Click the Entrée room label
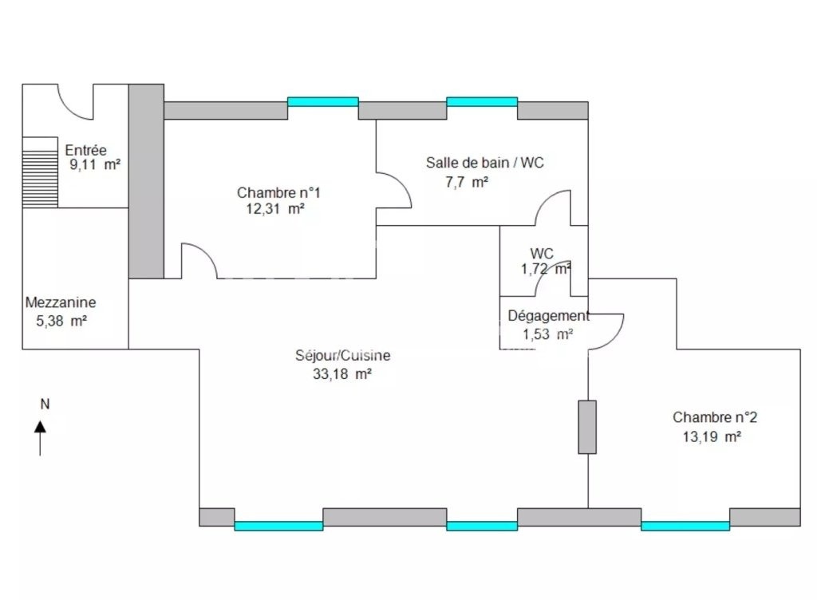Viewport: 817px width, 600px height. tap(85, 151)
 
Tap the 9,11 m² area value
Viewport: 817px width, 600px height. tap(96, 165)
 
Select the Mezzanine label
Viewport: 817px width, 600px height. tap(61, 302)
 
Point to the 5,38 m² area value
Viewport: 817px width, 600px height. tap(61, 322)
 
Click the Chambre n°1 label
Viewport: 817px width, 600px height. tap(278, 193)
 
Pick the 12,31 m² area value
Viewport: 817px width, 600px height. tap(275, 209)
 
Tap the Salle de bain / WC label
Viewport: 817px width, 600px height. tap(484, 163)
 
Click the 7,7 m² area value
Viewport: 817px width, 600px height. tap(467, 182)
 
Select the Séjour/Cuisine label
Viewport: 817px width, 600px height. tap(343, 356)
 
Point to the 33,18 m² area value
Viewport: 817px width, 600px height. tap(341, 374)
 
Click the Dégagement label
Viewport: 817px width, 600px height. tap(549, 316)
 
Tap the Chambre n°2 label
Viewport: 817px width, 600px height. tap(715, 417)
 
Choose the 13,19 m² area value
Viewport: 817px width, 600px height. tap(712, 436)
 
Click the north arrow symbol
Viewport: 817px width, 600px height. tap(40, 438)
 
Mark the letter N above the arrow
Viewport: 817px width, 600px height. tap(45, 405)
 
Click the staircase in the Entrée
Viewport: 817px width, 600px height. tap(40, 172)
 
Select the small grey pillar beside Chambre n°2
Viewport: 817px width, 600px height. tap(587, 427)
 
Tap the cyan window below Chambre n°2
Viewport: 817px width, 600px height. tap(685, 526)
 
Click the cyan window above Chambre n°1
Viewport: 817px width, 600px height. tap(323, 101)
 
